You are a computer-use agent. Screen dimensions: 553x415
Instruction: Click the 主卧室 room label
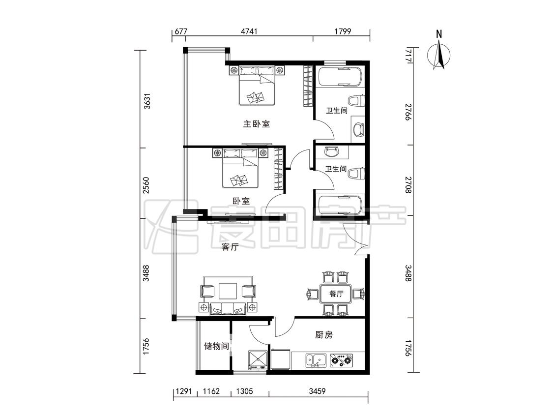coord(257,124)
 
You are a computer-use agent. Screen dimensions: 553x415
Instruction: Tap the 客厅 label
coord(230,247)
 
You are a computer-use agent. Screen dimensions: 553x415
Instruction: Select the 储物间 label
coord(217,346)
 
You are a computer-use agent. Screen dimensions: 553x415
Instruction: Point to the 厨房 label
coord(324,334)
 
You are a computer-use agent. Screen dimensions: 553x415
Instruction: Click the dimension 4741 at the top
coord(249,31)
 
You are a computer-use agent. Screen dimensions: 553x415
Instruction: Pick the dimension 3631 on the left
coord(147,101)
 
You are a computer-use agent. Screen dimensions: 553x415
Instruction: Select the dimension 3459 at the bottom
coord(317,391)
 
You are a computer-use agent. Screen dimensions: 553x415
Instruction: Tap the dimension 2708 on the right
coord(408,185)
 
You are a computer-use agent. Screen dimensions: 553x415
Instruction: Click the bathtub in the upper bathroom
coord(340,77)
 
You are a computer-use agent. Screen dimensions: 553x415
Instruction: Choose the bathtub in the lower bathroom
coord(340,206)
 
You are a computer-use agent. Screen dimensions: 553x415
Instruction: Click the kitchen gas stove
coord(341,360)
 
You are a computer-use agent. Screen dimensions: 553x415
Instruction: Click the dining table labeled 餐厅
coord(336,294)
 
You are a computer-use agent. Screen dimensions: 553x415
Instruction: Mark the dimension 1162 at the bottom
coord(211,391)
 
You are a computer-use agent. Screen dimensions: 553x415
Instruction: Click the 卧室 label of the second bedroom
coord(241,201)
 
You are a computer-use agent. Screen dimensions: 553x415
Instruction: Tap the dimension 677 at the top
coord(181,31)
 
